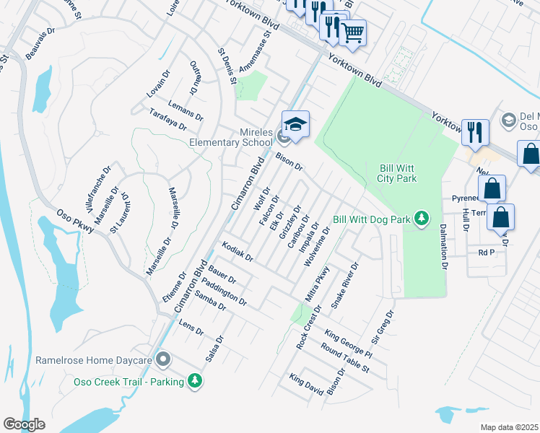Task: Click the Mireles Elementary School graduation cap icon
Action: coord(295,126)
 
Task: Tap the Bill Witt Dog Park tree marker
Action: coord(426,218)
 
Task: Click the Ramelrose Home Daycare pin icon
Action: coord(164,359)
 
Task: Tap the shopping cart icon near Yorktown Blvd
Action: coord(352,32)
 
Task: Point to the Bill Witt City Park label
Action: coord(398,173)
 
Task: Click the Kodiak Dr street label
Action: coord(238,252)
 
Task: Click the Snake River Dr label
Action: coord(344,286)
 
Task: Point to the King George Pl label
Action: coord(348,344)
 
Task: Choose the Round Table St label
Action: coord(345,359)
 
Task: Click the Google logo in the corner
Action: coord(24,424)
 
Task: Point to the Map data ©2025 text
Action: coord(509,427)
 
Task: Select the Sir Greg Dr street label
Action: coord(381,326)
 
